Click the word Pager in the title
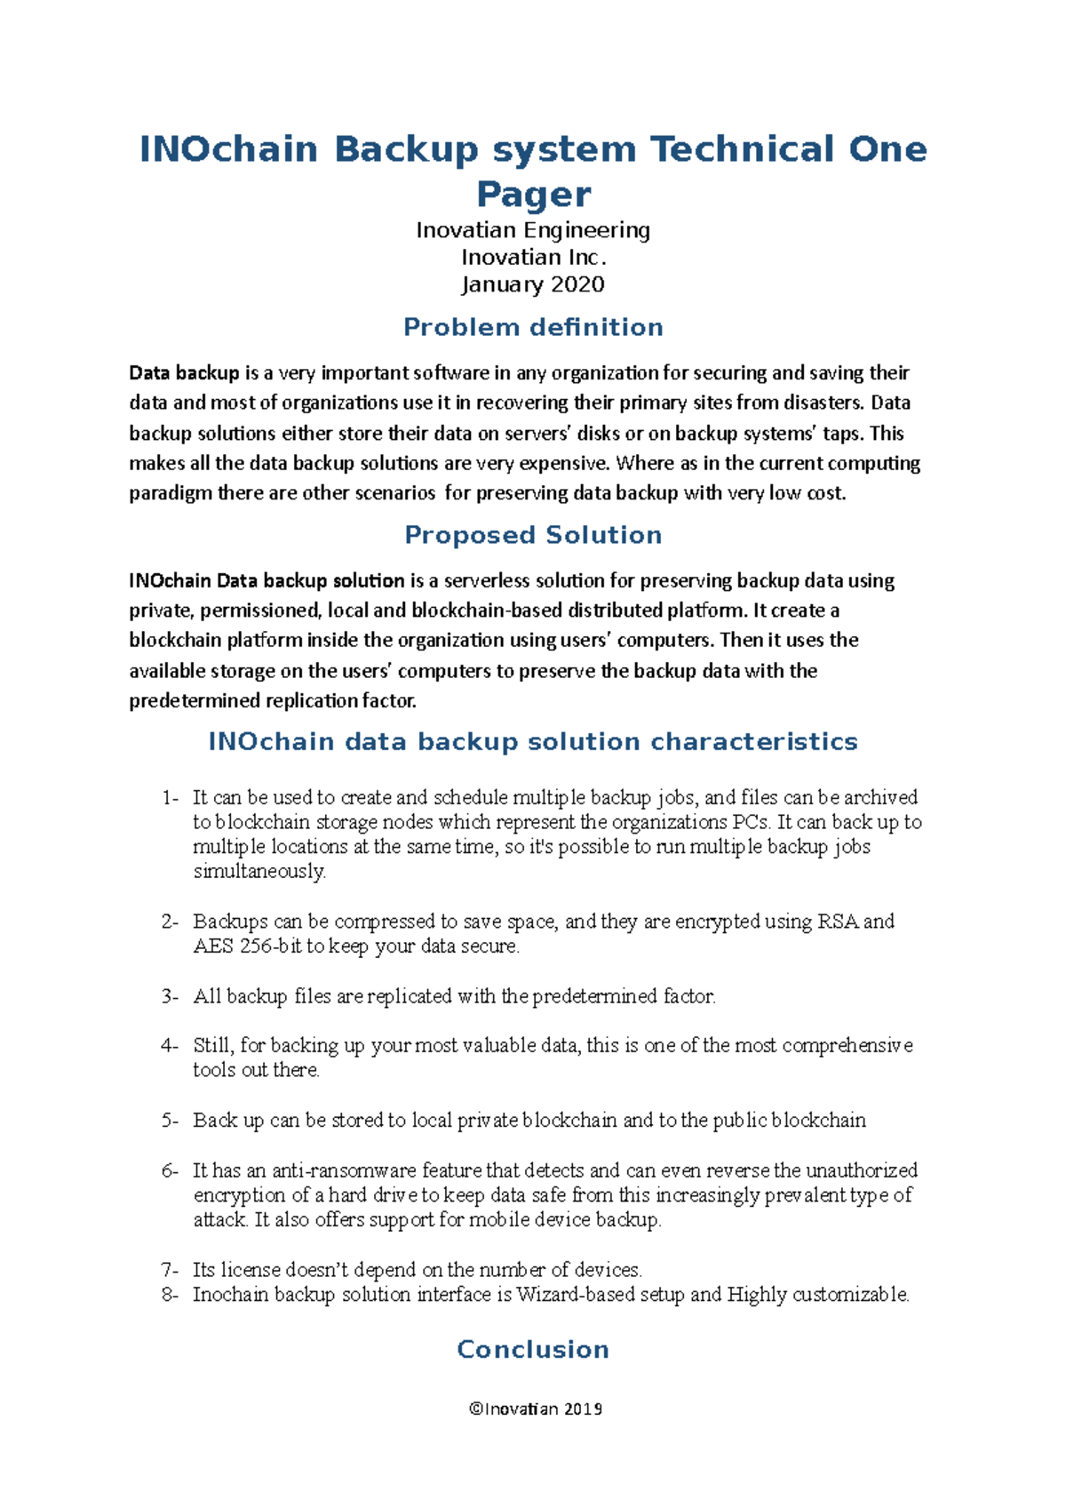pos(533,195)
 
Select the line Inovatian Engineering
pos(533,230)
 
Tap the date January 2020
pos(533,284)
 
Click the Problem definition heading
pos(533,327)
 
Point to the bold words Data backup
pos(184,372)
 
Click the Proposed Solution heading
pos(533,535)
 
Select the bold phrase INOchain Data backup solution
pos(266,580)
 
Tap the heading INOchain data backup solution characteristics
pos(533,742)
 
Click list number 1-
pos(171,797)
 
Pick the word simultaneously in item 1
pos(259,871)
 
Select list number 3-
pos(171,996)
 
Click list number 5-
pos(171,1120)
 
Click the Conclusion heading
pos(533,1349)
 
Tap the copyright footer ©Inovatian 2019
pos(536,1409)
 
